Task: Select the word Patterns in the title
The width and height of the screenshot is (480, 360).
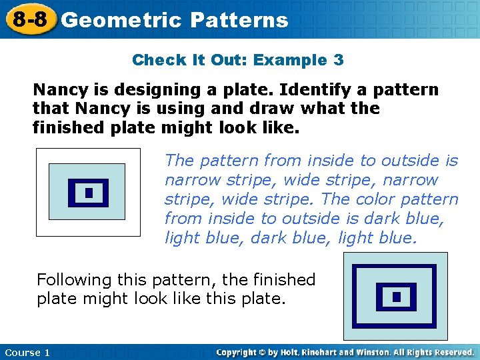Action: (x=239, y=20)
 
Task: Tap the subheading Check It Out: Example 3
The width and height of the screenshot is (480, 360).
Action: (x=238, y=60)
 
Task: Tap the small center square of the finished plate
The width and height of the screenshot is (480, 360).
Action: (x=396, y=297)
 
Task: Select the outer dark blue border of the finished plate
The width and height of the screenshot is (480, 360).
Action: (x=395, y=268)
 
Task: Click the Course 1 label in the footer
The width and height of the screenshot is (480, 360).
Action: (x=27, y=353)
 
